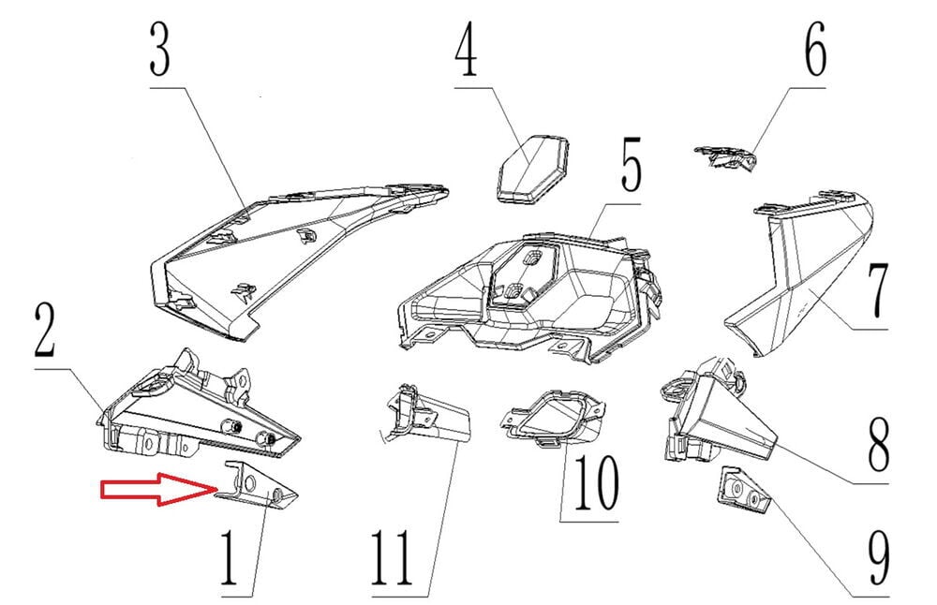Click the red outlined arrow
point(159,489)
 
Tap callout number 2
point(45,331)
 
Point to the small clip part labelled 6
point(725,157)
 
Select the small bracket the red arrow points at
point(260,486)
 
